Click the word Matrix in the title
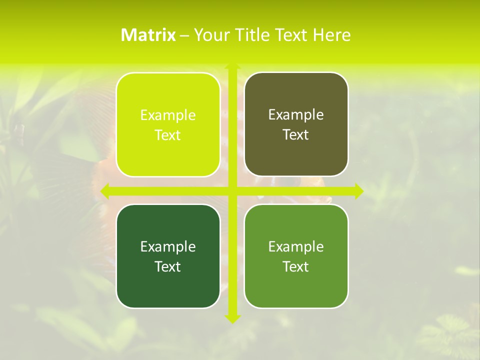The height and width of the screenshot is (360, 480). point(148,35)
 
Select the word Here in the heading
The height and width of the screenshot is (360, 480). point(331,35)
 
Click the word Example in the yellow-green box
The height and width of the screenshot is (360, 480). point(168,115)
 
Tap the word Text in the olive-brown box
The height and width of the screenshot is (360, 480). point(296,135)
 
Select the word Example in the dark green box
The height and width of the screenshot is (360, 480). point(168,247)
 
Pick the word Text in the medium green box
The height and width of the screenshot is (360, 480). point(296,267)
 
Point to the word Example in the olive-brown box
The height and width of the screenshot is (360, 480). point(296,115)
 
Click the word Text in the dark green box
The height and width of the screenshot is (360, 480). point(168,267)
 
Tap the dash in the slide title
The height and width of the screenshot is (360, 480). point(184,35)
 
